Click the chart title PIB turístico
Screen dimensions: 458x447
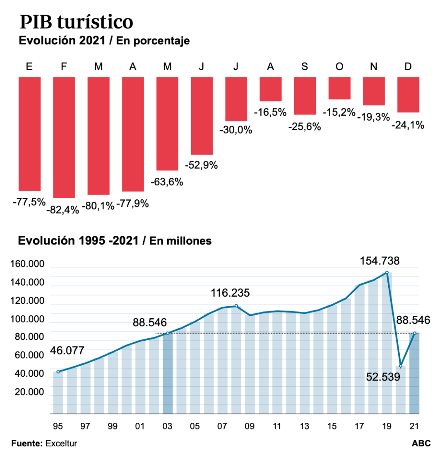pos(77,22)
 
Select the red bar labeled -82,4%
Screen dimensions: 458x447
pos(64,137)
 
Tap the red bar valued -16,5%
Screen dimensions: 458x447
pos(271,89)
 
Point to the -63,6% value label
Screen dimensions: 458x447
pos(167,182)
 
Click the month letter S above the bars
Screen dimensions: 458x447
pos(305,67)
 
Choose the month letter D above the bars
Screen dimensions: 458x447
pos(408,67)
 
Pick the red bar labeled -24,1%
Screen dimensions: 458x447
pos(408,95)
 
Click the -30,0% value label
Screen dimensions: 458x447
pos(236,130)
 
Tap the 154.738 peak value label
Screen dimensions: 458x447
pos(380,261)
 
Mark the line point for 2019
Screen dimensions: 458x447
pos(387,272)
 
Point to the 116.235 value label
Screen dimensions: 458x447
pos(230,293)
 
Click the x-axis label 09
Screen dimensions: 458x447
pos(250,426)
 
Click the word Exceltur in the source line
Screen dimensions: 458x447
pos(61,443)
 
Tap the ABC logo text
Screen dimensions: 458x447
pos(421,443)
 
